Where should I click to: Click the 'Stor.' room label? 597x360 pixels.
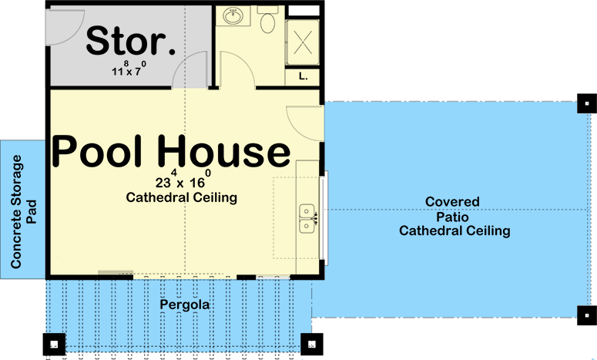tap(130, 42)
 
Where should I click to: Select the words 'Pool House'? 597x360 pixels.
tap(171, 152)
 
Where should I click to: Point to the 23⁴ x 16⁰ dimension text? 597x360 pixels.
tap(182, 183)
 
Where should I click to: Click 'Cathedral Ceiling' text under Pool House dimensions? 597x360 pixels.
tap(181, 198)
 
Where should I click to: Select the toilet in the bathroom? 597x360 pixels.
tap(268, 21)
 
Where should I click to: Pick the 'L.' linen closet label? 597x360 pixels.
tap(301, 76)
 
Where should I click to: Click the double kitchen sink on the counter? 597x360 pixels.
tap(309, 217)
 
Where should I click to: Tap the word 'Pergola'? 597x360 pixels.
tap(185, 305)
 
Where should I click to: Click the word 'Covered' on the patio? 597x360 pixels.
tap(452, 202)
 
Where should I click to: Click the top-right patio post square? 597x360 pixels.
tap(586, 103)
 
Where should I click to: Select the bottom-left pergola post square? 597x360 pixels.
tap(54, 344)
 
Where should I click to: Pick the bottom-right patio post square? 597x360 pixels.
tap(586, 313)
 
